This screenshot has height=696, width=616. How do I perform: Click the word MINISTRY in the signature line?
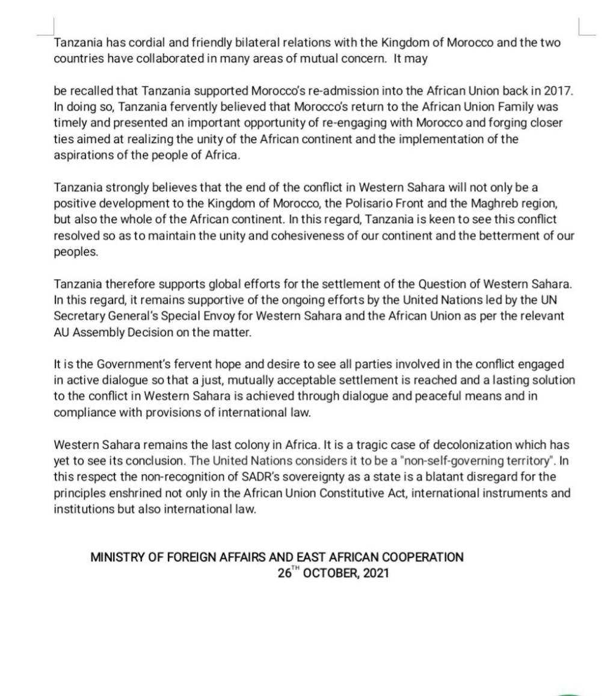point(117,558)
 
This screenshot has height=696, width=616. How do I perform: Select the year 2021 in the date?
point(377,573)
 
